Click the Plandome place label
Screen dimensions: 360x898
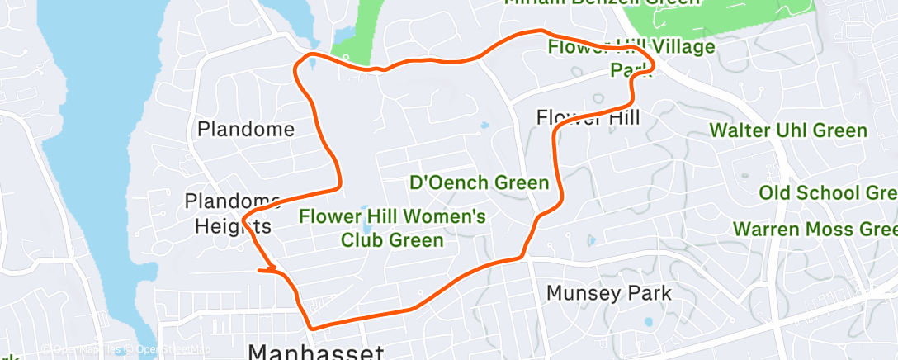(246, 129)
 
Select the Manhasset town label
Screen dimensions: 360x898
(316, 352)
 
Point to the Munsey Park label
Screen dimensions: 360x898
(609, 292)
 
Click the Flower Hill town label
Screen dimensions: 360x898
(588, 117)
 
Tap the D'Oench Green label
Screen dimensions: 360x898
(480, 182)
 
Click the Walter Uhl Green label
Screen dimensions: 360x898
(788, 130)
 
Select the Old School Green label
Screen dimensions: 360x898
(828, 192)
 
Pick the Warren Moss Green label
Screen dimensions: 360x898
(815, 228)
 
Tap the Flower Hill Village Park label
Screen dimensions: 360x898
(631, 58)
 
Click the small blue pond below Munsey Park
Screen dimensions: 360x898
(647, 322)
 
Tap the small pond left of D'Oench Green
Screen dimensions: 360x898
(484, 127)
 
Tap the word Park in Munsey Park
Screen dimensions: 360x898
(649, 292)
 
